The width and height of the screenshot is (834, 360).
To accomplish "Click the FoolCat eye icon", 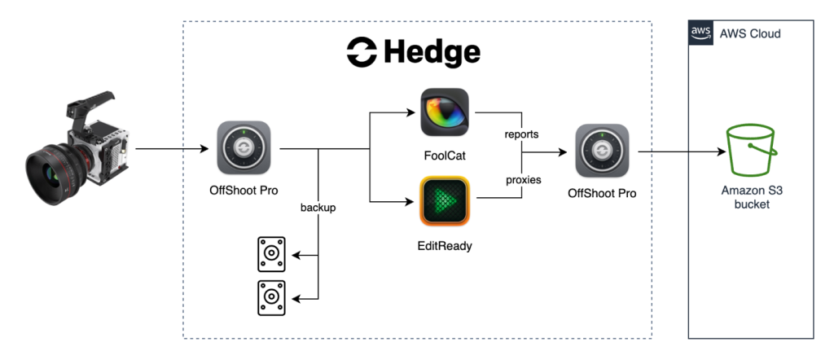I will [445, 112].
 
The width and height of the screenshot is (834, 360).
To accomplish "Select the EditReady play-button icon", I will [445, 200].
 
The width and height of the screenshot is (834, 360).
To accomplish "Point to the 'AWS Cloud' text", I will [749, 33].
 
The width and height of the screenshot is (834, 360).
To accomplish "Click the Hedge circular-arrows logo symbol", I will [361, 53].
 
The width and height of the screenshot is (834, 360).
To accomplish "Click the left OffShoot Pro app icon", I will [244, 148].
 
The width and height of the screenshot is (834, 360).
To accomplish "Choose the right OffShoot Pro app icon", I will [602, 151].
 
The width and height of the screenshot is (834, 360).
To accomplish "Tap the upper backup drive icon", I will [271, 255].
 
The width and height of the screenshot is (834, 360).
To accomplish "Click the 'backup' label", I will [318, 208].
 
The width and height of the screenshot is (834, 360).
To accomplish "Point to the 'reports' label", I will [521, 134].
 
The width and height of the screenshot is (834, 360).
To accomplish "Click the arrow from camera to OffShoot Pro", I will [170, 149].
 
